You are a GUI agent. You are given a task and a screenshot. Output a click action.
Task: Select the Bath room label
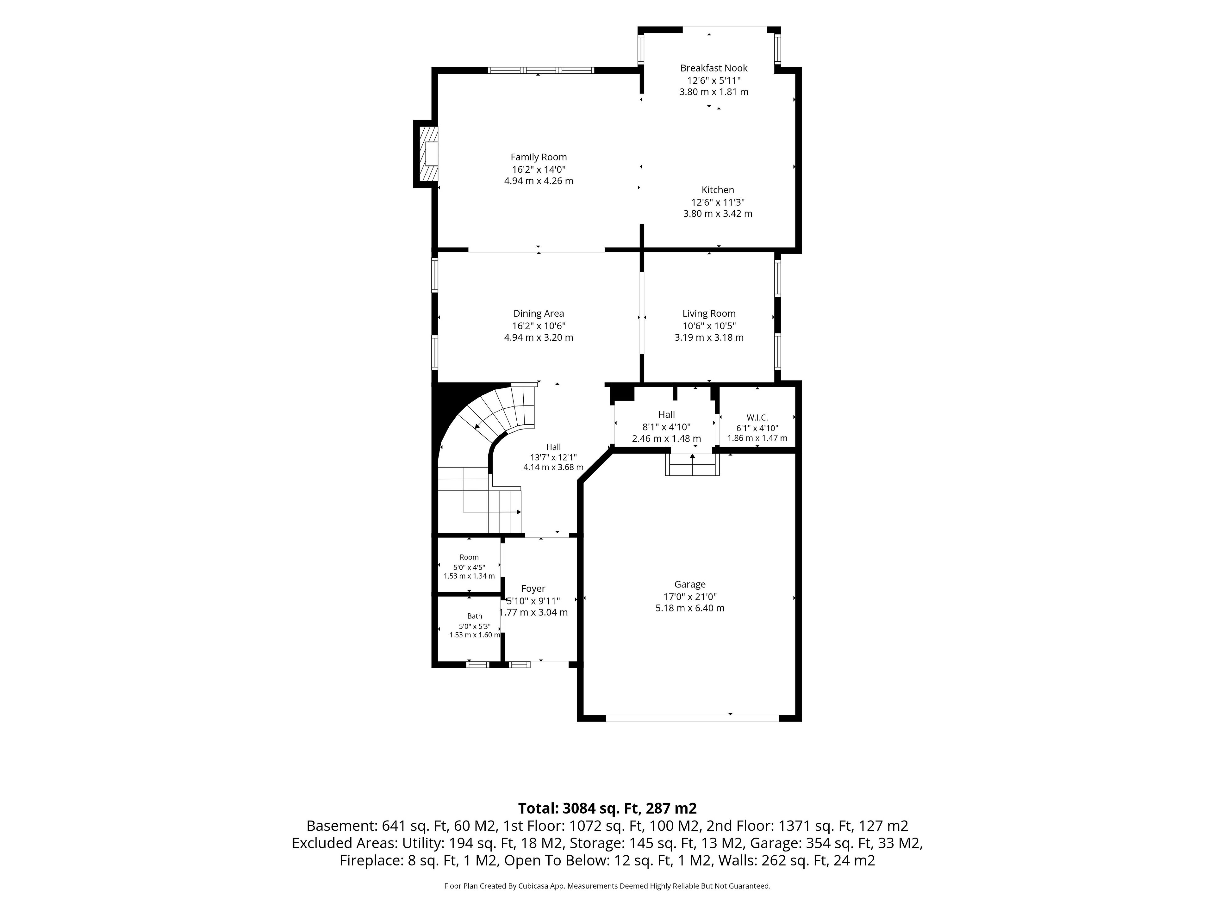475,616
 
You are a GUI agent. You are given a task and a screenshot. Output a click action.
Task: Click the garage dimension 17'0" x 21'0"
690,597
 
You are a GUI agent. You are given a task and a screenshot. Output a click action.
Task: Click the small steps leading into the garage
692,465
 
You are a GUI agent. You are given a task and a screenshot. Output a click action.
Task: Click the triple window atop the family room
541,70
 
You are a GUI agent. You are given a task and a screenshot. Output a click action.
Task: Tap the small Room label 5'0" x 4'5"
469,567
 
